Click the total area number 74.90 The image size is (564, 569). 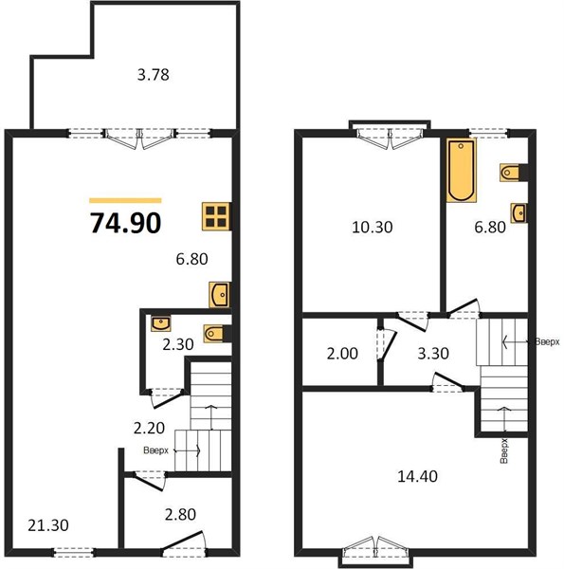tap(125, 223)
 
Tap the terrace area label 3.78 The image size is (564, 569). tap(153, 75)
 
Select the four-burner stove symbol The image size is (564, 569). tap(216, 216)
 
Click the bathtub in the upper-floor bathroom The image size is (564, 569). tap(461, 170)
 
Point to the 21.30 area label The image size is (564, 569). tap(48, 525)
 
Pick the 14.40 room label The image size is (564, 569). tap(417, 476)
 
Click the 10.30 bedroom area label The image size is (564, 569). tap(373, 228)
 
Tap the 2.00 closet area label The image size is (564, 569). tap(342, 353)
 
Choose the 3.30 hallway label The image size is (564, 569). tap(433, 353)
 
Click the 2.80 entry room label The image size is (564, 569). tap(180, 514)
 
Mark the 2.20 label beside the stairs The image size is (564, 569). tap(149, 429)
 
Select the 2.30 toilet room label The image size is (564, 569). tap(177, 344)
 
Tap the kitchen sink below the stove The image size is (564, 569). tap(219, 294)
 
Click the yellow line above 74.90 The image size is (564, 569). tap(125, 200)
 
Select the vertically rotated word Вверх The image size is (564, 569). tap(503, 450)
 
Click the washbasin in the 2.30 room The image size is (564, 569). tap(161, 323)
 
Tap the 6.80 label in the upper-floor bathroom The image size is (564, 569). tap(490, 228)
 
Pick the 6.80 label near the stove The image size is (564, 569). tap(191, 259)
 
